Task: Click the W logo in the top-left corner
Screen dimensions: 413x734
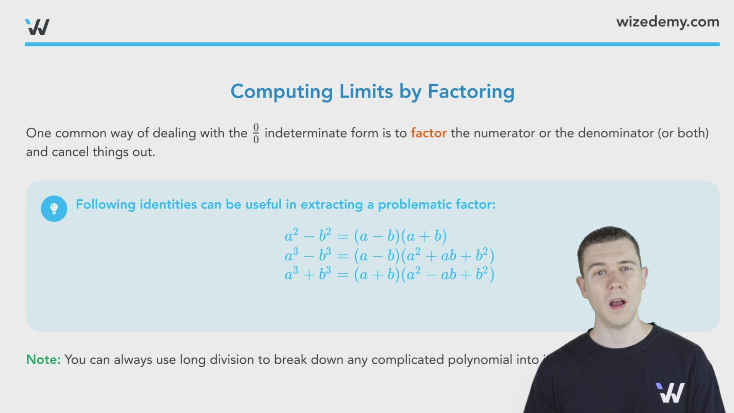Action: [37, 27]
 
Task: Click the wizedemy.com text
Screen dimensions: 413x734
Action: [667, 22]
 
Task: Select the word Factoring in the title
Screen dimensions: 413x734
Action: [471, 92]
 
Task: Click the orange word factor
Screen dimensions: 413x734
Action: [429, 133]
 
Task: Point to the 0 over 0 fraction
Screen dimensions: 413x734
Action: [256, 133]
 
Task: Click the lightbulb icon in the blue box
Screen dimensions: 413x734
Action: [54, 208]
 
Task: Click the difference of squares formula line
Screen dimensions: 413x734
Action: [365, 236]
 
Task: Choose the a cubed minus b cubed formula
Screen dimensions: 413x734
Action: [389, 255]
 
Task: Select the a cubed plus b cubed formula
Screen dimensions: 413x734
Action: [389, 275]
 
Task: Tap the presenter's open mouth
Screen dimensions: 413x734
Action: [617, 304]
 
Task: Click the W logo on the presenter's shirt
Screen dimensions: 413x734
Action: [670, 393]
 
